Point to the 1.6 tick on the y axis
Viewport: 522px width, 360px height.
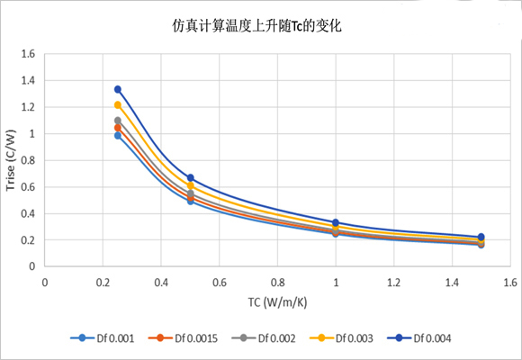click(27, 54)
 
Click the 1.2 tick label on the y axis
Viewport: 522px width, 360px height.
click(27, 107)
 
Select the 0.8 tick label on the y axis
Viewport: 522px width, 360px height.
click(27, 160)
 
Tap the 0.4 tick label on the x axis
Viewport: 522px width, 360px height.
click(161, 282)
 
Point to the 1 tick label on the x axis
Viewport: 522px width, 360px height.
click(336, 282)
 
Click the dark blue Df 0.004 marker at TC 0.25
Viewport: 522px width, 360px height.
click(118, 89)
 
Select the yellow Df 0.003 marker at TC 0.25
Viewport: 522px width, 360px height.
click(118, 105)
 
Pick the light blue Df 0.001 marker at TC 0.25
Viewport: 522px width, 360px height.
click(118, 135)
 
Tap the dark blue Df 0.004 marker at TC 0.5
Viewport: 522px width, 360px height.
click(191, 178)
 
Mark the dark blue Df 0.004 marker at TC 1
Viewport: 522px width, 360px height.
click(336, 222)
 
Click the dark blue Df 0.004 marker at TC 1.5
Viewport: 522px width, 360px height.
click(481, 237)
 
